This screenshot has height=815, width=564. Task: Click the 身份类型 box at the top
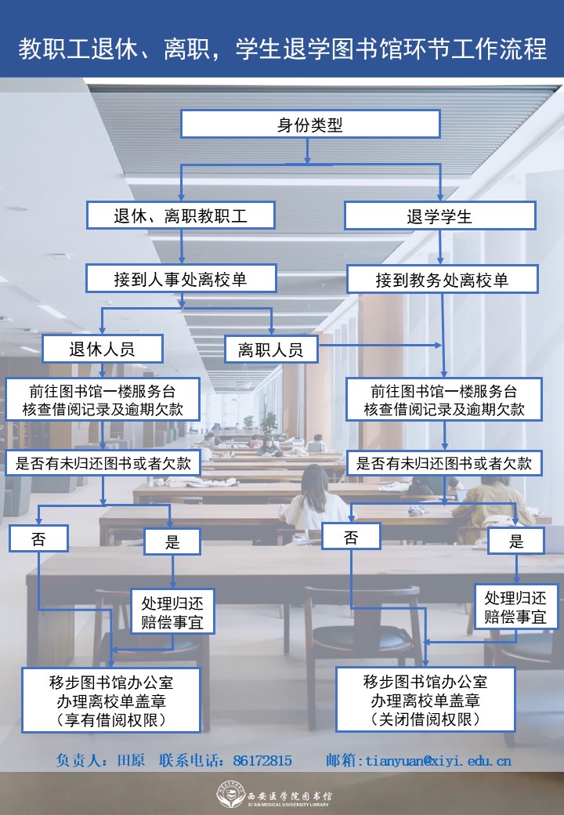tap(310, 125)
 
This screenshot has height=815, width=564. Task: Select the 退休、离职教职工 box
tap(181, 215)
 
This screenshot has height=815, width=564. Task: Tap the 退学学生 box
tap(440, 216)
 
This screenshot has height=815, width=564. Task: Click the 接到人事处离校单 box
tap(181, 279)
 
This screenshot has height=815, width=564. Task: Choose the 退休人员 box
tap(103, 349)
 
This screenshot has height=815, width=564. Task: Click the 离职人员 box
tap(271, 350)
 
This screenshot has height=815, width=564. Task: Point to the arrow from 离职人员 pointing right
tap(380, 345)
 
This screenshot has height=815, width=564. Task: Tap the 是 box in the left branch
tap(172, 541)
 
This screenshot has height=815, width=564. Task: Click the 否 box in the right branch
tap(351, 537)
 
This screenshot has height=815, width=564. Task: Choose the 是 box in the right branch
tap(516, 540)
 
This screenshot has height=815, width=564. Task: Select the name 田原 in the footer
tap(131, 760)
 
